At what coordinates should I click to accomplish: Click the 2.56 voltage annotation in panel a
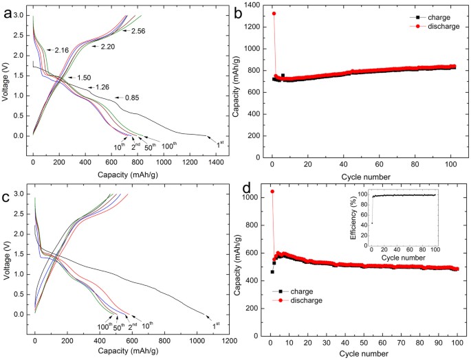pyautogui.click(x=138, y=32)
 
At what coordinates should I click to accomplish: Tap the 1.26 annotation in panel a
pyautogui.click(x=102, y=87)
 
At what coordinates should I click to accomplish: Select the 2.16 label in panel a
pyautogui.click(x=61, y=51)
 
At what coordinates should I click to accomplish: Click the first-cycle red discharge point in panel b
pyautogui.click(x=274, y=14)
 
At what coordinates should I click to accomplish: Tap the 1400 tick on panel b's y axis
pyautogui.click(x=252, y=5)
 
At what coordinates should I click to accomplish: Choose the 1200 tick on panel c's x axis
pyautogui.click(x=229, y=341)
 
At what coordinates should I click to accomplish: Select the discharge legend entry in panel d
pyautogui.click(x=303, y=300)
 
